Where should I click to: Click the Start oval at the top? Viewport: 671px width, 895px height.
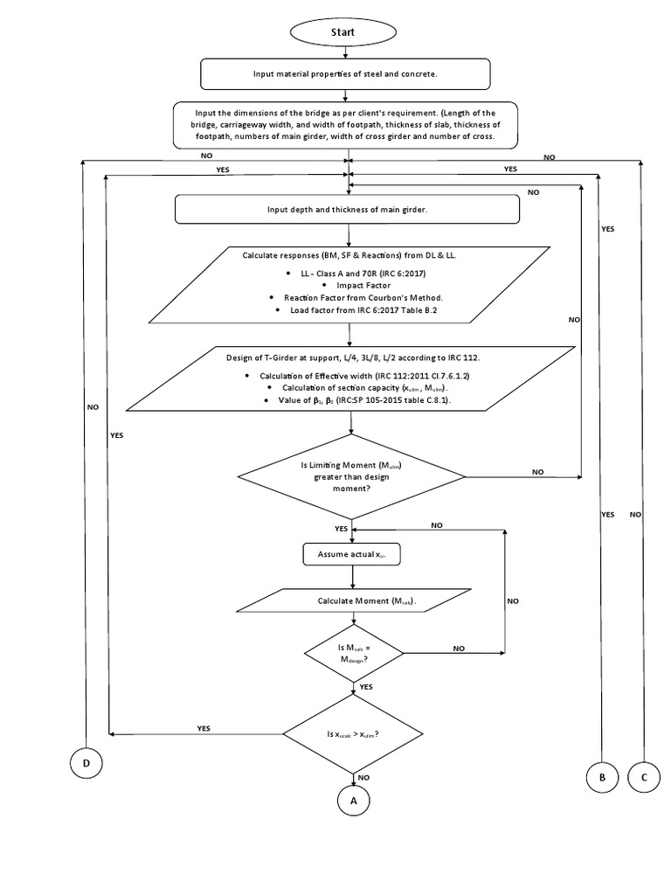(x=342, y=32)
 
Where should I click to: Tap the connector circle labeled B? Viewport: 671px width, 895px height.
(x=601, y=775)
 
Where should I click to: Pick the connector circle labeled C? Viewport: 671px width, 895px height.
(x=643, y=775)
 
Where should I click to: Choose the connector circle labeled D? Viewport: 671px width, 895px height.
(x=86, y=764)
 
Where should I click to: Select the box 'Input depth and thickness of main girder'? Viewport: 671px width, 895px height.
(x=347, y=210)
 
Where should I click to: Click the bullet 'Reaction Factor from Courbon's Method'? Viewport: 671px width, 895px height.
(x=359, y=297)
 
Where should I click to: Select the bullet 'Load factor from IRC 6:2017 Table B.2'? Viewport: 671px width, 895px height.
(x=359, y=309)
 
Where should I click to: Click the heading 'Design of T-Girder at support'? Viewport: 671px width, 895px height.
(x=348, y=358)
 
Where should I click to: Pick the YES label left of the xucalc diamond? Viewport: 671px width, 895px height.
(x=204, y=727)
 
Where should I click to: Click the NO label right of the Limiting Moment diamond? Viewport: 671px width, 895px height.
(x=537, y=471)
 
